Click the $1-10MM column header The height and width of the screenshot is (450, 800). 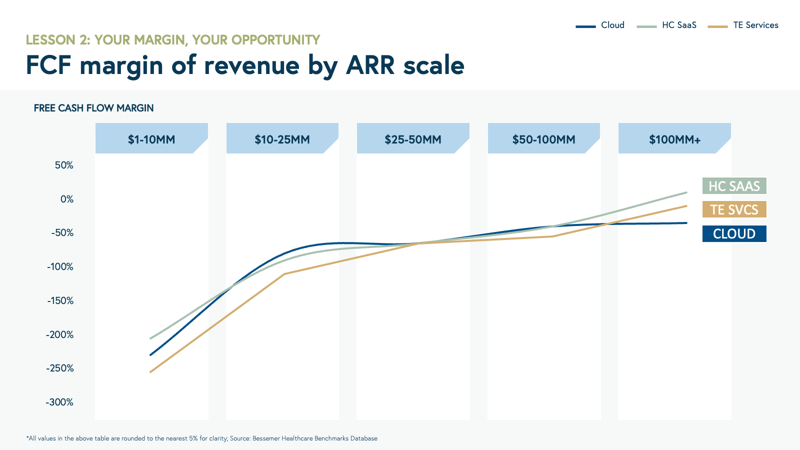pos(151,139)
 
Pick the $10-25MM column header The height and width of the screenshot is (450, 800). pos(282,139)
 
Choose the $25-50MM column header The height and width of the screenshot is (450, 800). pos(413,139)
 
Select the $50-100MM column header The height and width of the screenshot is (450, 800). pos(543,139)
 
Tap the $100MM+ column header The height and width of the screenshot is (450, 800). pos(674,139)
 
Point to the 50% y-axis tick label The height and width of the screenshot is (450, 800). pos(64,165)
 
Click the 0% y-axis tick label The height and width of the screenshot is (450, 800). pos(66,199)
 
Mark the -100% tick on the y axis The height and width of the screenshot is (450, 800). pos(60,267)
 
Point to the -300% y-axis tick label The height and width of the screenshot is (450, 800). pos(59,402)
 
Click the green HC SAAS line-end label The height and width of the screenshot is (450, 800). pos(734,186)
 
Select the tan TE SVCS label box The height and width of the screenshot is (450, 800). pos(734,209)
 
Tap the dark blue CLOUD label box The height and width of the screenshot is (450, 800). pos(734,233)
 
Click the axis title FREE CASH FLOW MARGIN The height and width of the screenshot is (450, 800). pos(93,108)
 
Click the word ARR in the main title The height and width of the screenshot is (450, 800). pos(370,65)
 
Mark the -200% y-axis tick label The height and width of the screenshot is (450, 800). pos(59,335)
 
